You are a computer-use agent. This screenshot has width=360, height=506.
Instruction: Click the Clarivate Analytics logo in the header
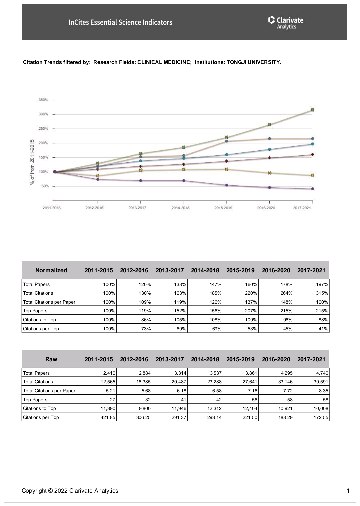pyautogui.click(x=286, y=22)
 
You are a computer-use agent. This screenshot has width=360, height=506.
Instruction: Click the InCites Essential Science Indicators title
pyautogui.click(x=120, y=22)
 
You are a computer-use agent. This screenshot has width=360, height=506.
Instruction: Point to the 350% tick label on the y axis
pyautogui.click(x=44, y=100)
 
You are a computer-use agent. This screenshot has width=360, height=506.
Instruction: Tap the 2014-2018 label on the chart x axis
pyautogui.click(x=180, y=208)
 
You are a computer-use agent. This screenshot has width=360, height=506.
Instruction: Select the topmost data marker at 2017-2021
pyautogui.click(x=312, y=110)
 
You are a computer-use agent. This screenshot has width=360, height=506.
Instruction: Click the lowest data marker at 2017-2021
pyautogui.click(x=312, y=189)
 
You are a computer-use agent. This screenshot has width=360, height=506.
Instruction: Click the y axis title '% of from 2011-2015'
pyautogui.click(x=32, y=162)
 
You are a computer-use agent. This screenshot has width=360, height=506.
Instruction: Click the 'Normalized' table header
pyautogui.click(x=51, y=270)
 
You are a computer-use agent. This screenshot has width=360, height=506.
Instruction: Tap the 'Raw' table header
pyautogui.click(x=51, y=359)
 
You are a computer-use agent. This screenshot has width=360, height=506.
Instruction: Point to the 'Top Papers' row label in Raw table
pyautogui.click(x=35, y=400)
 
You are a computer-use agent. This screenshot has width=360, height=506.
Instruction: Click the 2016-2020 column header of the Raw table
pyautogui.click(x=276, y=359)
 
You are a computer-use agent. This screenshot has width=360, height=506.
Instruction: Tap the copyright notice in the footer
pyautogui.click(x=70, y=491)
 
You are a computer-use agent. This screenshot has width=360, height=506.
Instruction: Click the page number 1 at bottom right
pyautogui.click(x=348, y=491)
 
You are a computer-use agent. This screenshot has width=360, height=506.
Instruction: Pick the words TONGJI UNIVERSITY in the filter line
pyautogui.click(x=254, y=62)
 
